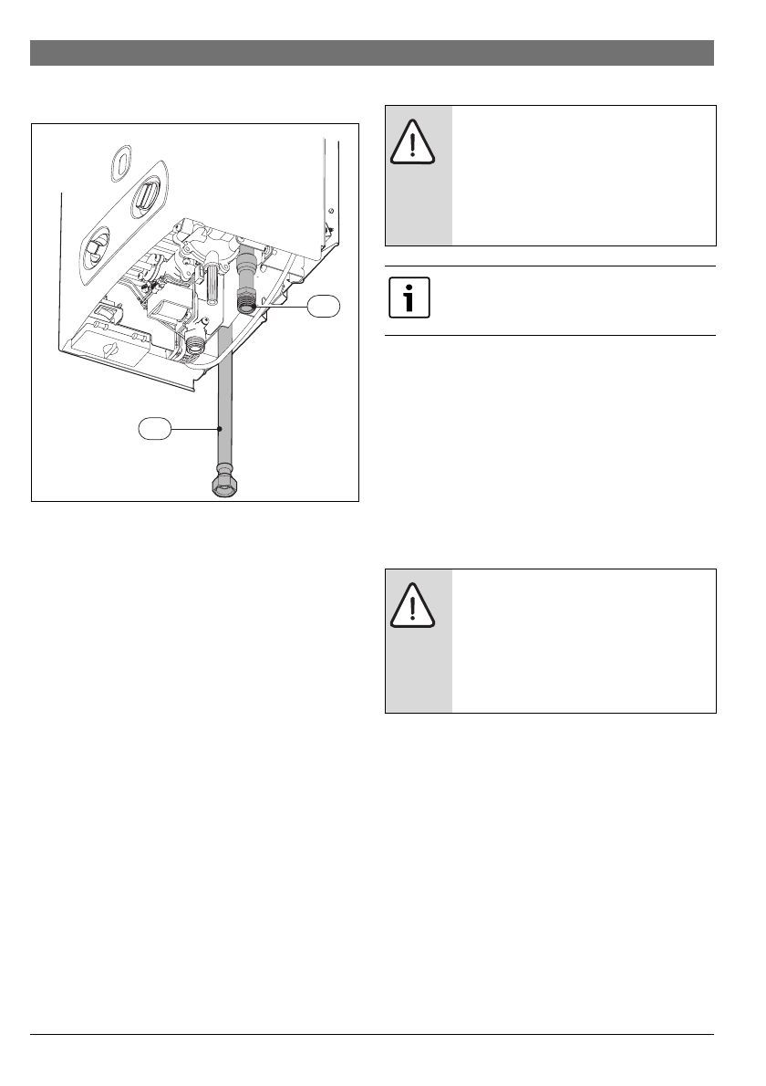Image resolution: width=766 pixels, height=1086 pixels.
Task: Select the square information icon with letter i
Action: coord(409,300)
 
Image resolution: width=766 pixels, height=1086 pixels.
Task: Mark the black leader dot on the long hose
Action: coord(220,427)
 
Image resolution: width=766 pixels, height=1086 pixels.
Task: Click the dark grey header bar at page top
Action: coord(371,53)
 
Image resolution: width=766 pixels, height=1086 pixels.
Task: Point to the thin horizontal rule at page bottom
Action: coord(371,1035)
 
